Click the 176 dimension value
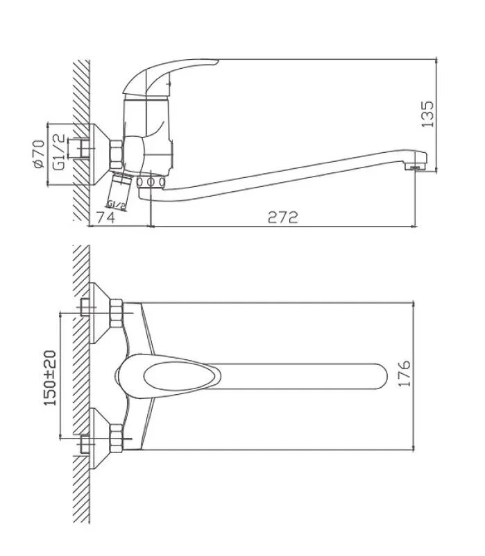point(406,374)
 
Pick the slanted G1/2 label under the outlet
point(117,204)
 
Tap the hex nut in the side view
point(115,152)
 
